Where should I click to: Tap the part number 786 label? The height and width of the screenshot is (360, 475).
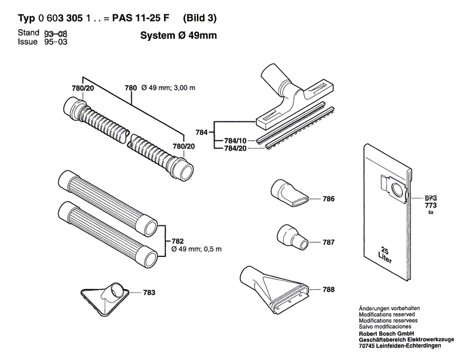(x=329, y=199)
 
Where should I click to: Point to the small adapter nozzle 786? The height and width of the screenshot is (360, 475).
(x=289, y=192)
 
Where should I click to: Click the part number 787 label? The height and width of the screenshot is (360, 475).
(x=329, y=242)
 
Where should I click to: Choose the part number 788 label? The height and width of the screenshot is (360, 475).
(x=329, y=290)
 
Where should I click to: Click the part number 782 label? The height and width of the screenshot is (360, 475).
(x=178, y=241)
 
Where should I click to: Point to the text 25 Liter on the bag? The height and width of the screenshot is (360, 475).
(x=384, y=254)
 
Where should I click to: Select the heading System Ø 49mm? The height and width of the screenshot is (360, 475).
(x=178, y=36)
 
